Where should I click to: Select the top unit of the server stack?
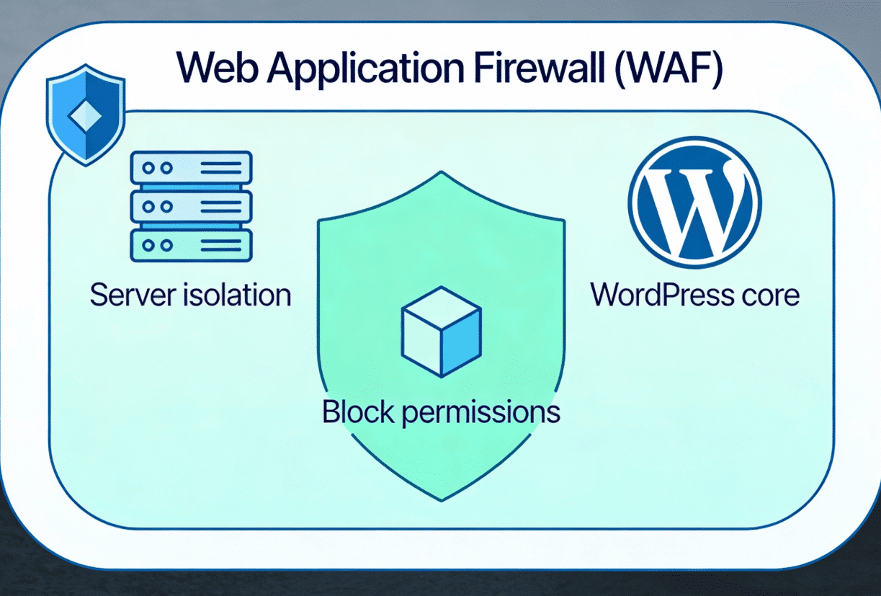190,168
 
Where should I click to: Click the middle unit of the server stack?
190,206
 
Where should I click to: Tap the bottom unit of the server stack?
190,244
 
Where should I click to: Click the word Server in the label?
131,295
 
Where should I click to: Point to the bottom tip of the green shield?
441,499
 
